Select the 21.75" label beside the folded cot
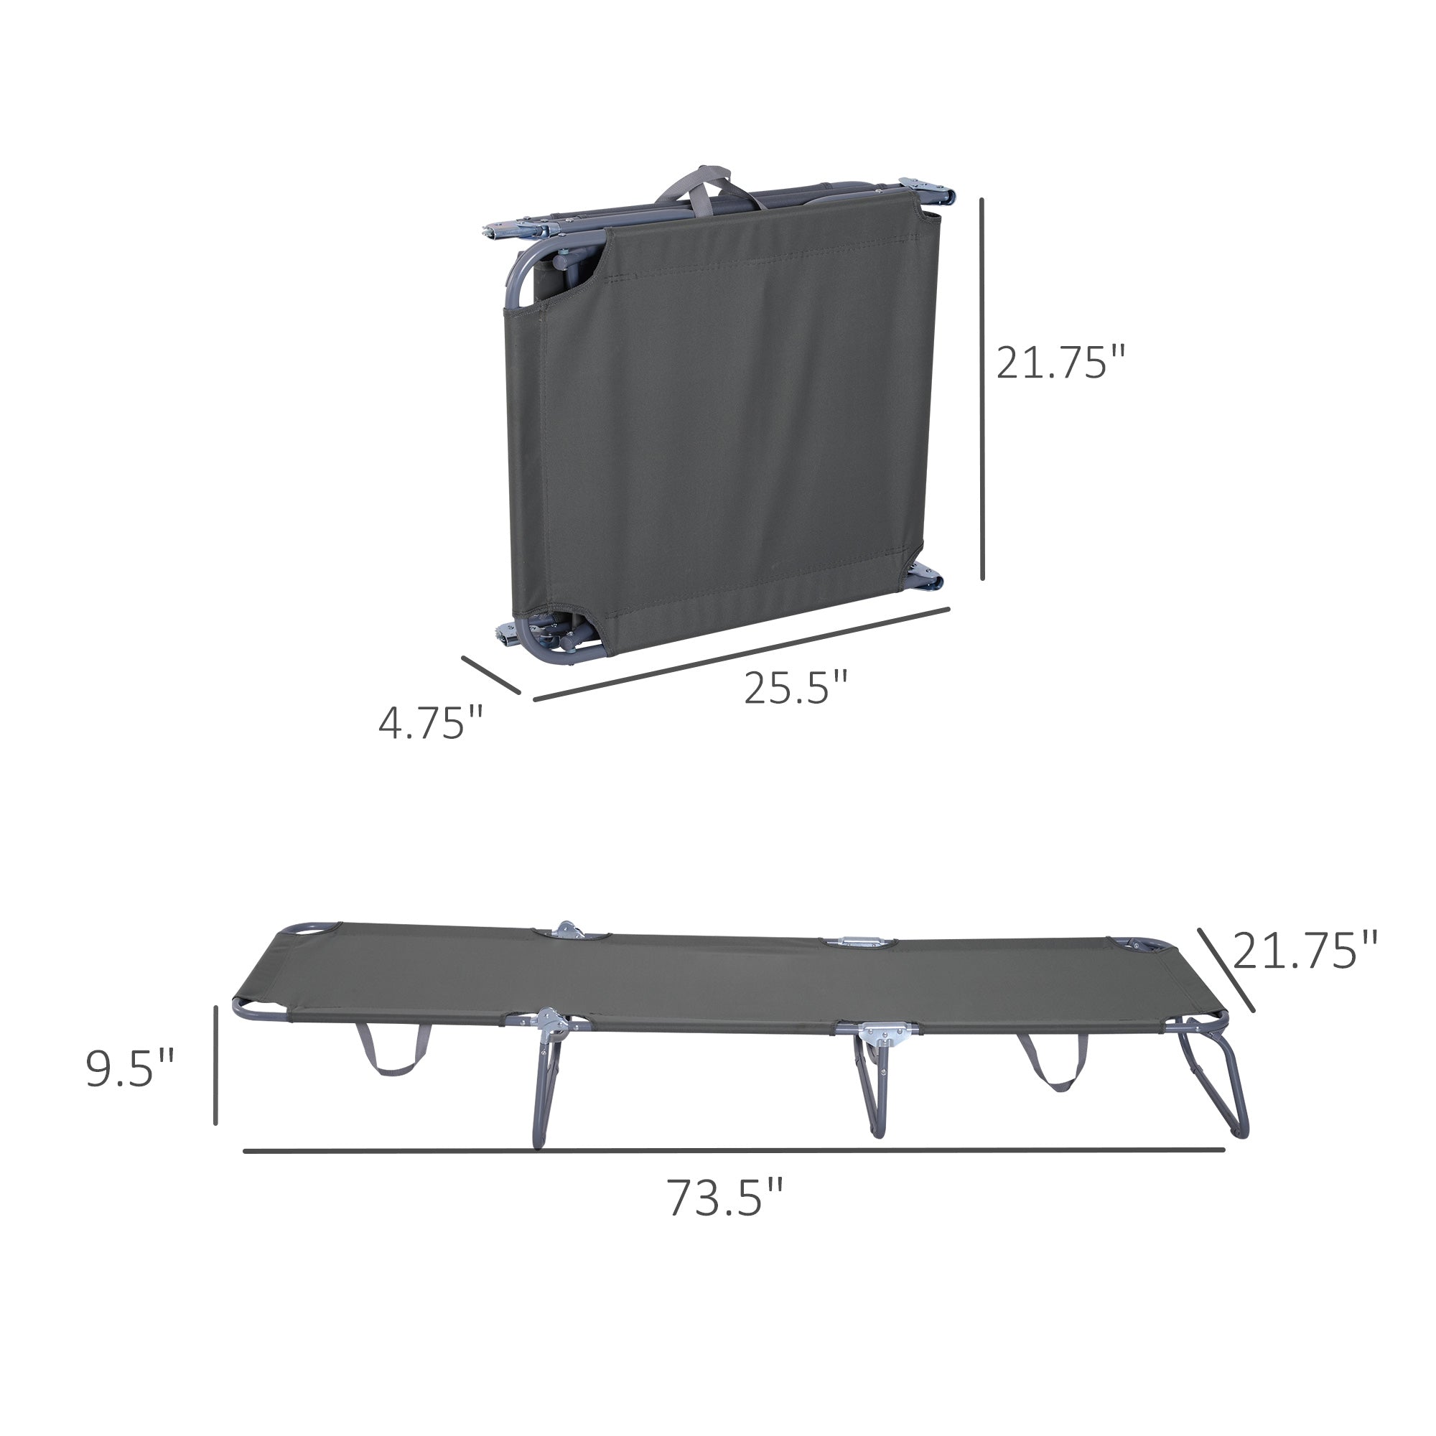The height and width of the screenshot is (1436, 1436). (1060, 362)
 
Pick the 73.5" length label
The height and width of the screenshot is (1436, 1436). (725, 1198)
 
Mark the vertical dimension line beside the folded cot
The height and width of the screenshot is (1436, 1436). (983, 388)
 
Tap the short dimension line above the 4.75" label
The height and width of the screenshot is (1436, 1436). (490, 675)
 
